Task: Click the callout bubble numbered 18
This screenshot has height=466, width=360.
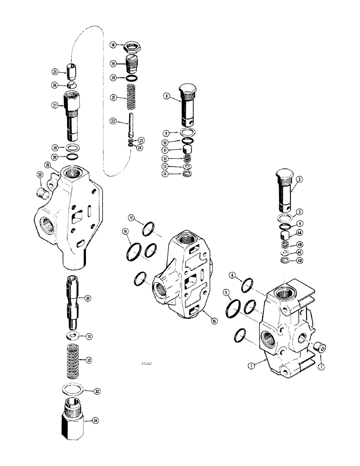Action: (112, 45)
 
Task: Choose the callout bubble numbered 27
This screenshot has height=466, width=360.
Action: (55, 105)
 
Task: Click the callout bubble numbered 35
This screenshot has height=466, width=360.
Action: (40, 176)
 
